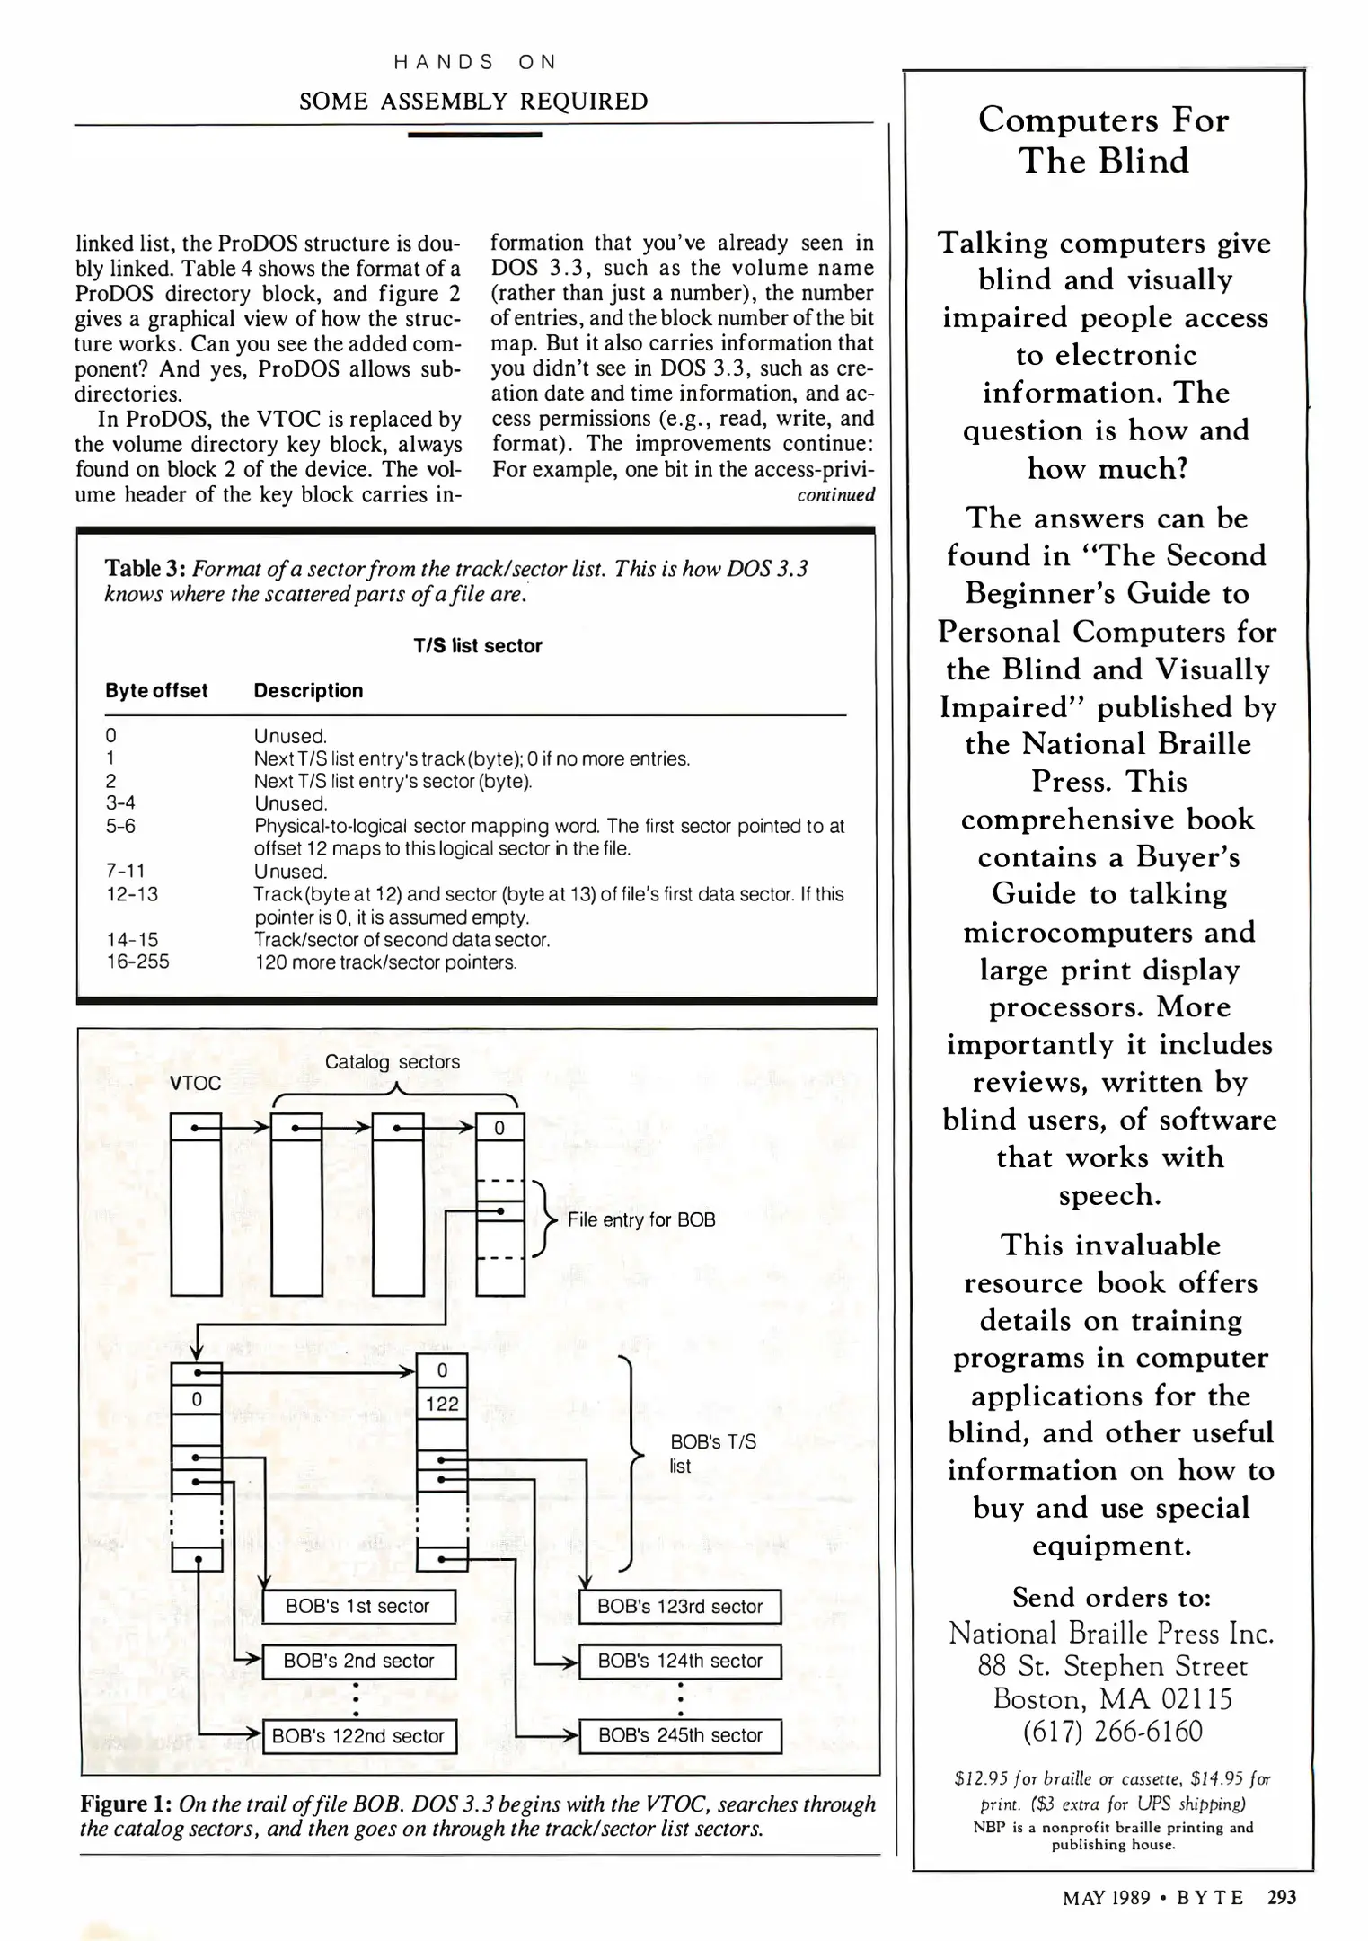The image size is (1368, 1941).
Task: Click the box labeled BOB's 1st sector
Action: (359, 1606)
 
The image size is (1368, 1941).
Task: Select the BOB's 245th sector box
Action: (680, 1735)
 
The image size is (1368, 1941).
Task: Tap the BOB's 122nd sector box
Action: (358, 1736)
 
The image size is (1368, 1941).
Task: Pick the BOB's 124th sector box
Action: (680, 1661)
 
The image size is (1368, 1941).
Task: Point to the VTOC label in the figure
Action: (195, 1083)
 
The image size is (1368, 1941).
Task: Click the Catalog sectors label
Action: (393, 1061)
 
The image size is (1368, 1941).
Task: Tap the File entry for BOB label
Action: (641, 1219)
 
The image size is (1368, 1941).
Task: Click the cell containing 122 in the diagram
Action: (442, 1404)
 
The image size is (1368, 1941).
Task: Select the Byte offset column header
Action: (156, 690)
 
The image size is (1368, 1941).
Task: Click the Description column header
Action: (308, 690)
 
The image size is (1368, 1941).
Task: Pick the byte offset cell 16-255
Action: (137, 962)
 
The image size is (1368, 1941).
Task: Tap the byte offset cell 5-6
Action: (120, 826)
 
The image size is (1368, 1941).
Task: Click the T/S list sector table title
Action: (478, 645)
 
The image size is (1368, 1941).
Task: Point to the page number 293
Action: (1282, 1897)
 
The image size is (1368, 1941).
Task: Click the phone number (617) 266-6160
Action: (1112, 1731)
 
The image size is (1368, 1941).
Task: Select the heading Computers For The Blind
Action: (1104, 140)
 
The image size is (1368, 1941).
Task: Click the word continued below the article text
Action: (835, 494)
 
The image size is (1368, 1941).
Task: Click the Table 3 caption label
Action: (146, 568)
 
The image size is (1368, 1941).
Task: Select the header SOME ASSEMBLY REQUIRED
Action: (473, 101)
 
